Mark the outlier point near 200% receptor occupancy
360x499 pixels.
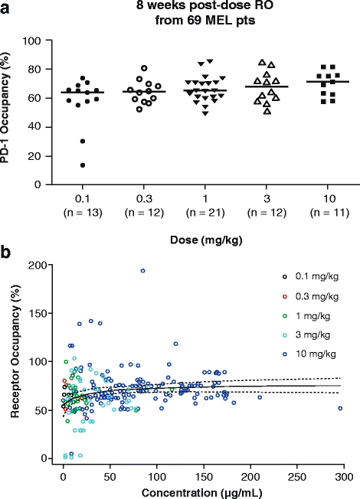click(142, 271)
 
